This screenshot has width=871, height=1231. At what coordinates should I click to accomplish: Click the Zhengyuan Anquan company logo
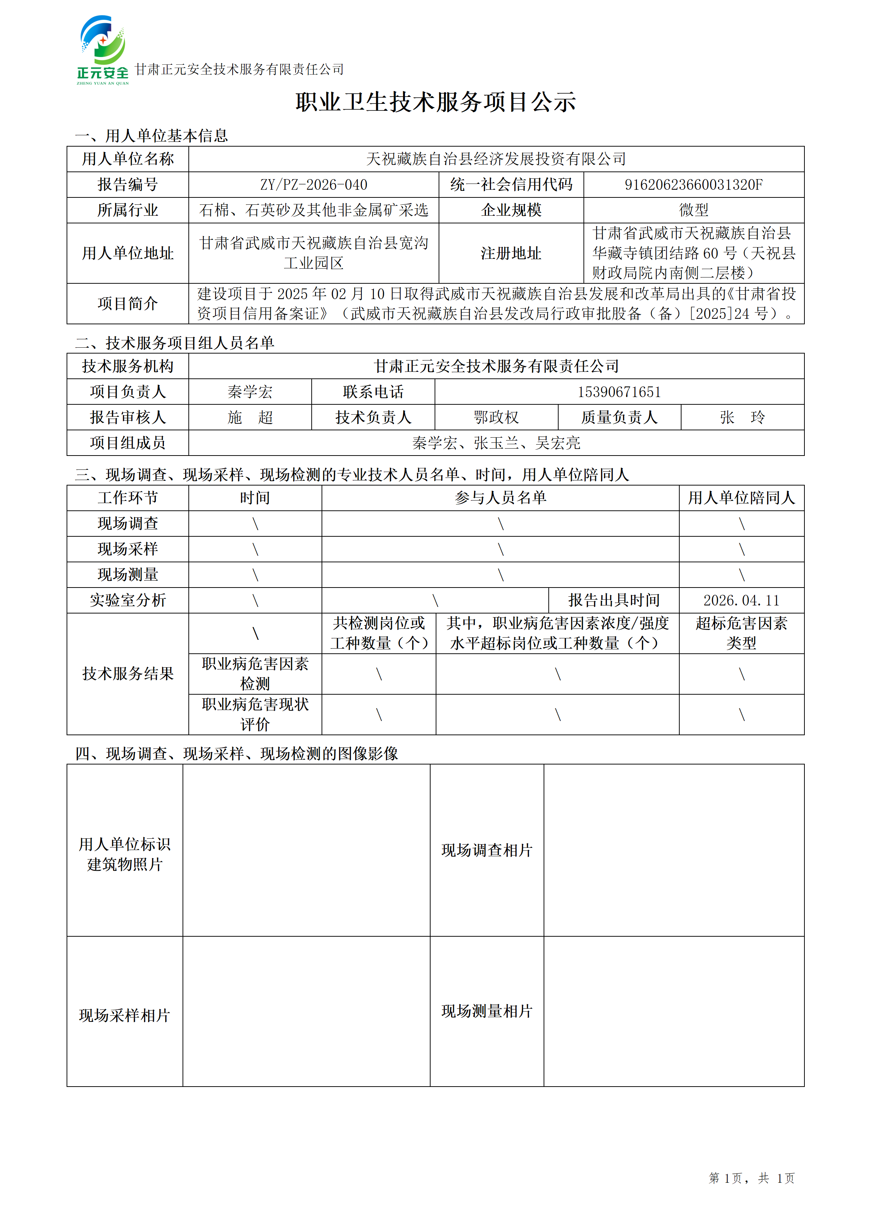pyautogui.click(x=102, y=50)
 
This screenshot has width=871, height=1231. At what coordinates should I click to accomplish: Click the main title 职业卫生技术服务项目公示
pyautogui.click(x=435, y=102)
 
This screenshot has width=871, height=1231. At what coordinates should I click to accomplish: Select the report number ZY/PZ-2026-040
pyautogui.click(x=314, y=185)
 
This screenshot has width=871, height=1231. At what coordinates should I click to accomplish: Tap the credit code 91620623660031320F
pyautogui.click(x=694, y=185)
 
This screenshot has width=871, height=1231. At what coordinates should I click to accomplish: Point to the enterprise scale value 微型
pyautogui.click(x=694, y=210)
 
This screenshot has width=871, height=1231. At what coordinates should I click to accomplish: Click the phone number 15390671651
pyautogui.click(x=619, y=392)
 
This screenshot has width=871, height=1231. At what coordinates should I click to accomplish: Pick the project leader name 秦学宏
pyautogui.click(x=250, y=392)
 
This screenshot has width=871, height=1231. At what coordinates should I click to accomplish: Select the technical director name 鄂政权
pyautogui.click(x=496, y=417)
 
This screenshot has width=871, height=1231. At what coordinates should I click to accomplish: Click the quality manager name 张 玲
pyautogui.click(x=742, y=417)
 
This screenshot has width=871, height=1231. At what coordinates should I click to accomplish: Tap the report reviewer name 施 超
pyautogui.click(x=250, y=417)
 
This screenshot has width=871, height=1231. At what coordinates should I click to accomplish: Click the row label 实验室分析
pyautogui.click(x=128, y=600)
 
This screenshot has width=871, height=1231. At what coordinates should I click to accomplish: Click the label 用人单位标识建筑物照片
pyautogui.click(x=124, y=854)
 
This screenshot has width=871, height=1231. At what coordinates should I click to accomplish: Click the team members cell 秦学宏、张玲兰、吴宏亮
pyautogui.click(x=496, y=443)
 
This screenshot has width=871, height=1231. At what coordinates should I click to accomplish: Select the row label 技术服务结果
pyautogui.click(x=128, y=674)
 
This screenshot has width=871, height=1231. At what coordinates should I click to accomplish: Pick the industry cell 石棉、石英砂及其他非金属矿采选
pyautogui.click(x=314, y=210)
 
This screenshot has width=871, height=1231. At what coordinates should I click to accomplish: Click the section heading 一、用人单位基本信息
pyautogui.click(x=151, y=136)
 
